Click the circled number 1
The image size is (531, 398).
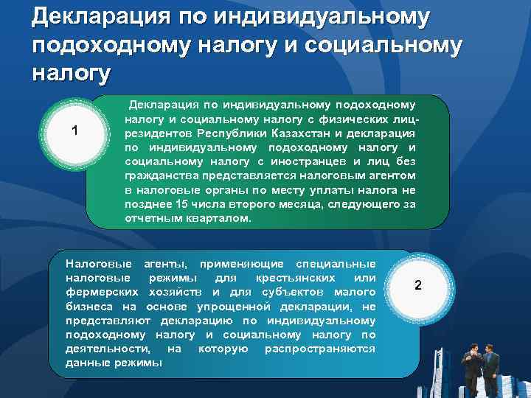point(74,131)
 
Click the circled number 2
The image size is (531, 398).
point(417,285)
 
